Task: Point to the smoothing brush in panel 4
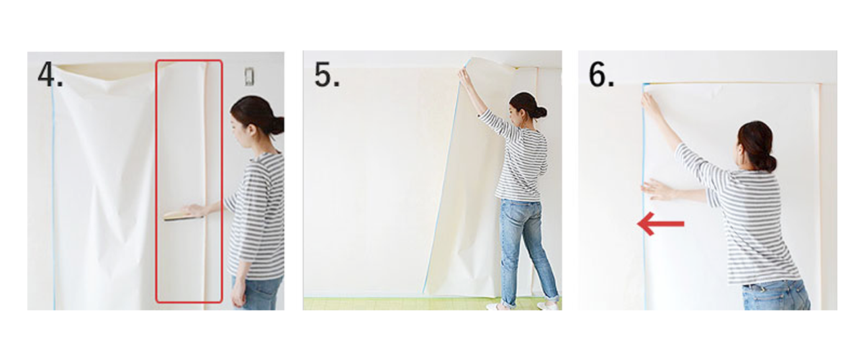pos(177,215)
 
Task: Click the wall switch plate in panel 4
pos(249,76)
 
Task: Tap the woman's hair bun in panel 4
pos(275,125)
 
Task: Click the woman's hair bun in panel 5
pos(539,112)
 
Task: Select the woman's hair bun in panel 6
pos(770,162)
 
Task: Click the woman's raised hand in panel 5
pos(464,76)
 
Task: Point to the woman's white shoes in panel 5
pos(546,305)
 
